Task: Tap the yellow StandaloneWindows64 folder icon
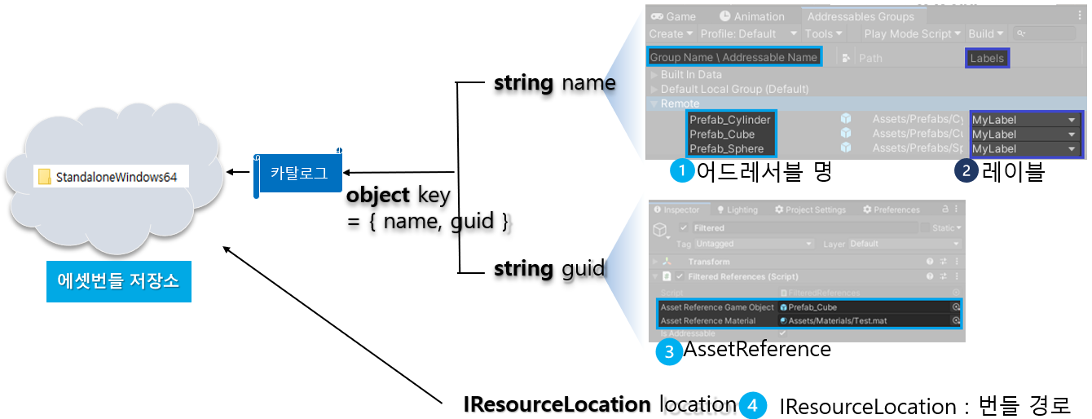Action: tap(45, 177)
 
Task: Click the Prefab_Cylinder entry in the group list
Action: tap(729, 120)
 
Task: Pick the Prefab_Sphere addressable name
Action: tap(726, 148)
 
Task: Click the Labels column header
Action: tap(987, 58)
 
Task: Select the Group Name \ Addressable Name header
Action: tap(733, 57)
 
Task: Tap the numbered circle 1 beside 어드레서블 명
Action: tap(680, 171)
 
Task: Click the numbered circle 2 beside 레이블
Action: tap(967, 171)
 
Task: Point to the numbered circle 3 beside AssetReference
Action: tap(668, 352)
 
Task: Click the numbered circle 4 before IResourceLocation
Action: tap(754, 405)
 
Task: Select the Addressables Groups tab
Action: tap(861, 16)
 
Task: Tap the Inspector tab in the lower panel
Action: tap(677, 209)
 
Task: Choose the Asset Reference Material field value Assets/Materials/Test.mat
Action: tap(837, 320)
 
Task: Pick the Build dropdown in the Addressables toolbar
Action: tap(986, 33)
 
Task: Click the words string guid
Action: tap(549, 268)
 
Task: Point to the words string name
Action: tap(554, 82)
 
